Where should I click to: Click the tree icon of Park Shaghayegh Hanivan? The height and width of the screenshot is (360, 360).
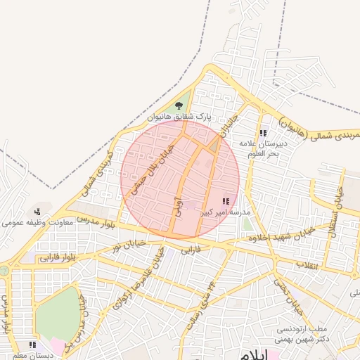(179, 105)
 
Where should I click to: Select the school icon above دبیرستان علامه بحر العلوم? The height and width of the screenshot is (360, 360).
(263, 133)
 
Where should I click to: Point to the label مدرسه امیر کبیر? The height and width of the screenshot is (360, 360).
(226, 211)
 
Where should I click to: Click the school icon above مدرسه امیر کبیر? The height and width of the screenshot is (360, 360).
(225, 201)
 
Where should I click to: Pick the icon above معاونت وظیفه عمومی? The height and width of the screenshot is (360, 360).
(37, 212)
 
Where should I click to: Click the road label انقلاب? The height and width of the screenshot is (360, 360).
(307, 265)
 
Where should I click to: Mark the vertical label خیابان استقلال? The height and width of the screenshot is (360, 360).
(337, 210)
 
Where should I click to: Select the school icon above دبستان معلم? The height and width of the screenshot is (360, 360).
(32, 345)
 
